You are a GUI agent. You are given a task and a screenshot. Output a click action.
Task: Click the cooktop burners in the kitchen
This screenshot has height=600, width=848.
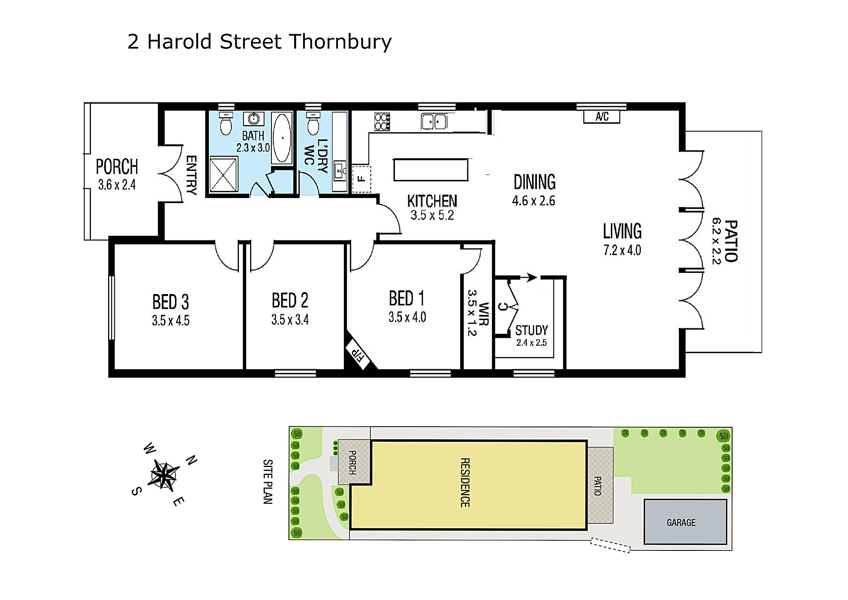382,122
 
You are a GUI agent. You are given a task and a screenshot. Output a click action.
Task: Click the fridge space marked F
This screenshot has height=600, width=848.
362,179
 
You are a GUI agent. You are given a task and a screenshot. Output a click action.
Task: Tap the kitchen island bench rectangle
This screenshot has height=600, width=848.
431,170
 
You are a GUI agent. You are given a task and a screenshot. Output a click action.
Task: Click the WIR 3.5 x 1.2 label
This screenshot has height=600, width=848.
478,313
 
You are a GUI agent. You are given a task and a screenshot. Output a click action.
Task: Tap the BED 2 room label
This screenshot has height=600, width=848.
290,300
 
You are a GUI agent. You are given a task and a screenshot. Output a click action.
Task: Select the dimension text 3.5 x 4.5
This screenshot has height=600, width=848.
171,321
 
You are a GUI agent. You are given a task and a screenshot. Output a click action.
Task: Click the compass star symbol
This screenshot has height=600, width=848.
164,475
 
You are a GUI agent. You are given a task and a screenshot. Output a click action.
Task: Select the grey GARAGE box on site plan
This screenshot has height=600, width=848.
685,522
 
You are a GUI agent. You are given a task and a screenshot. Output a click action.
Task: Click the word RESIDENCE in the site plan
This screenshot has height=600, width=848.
465,482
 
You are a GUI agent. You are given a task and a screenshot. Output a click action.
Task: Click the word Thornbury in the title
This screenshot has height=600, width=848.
340,42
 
